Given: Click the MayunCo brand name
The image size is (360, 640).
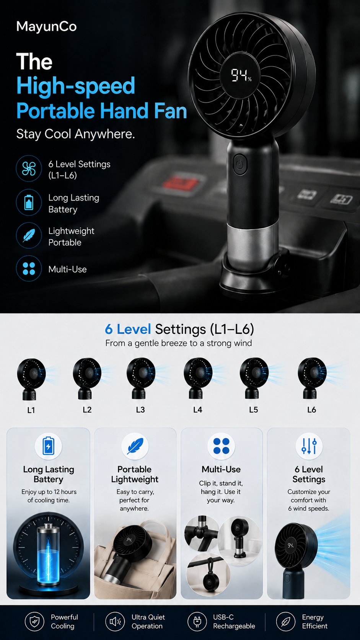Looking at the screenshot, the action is [47, 27].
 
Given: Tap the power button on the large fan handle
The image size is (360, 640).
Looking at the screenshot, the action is [240, 164].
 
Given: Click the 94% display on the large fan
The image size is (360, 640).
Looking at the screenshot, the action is [241, 75].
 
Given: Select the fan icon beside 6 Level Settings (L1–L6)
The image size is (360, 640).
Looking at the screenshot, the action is [29, 168].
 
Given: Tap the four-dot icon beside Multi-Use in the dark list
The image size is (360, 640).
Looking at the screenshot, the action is [29, 269].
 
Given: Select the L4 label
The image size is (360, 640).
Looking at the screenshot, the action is [197, 410].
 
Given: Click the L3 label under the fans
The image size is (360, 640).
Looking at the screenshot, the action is [140, 410].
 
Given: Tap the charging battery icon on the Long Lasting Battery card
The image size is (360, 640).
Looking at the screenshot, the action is [48, 446].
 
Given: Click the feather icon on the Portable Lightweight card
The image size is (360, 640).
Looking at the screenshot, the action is [135, 446].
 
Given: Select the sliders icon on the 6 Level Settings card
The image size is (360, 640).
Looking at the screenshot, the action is [309, 446].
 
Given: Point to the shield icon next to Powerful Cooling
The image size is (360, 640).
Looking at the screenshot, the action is [34, 621].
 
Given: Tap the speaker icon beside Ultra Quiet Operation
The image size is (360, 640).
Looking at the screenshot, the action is [115, 621].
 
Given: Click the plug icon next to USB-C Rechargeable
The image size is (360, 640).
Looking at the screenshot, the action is [197, 621].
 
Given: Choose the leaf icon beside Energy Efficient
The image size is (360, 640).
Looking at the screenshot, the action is [285, 621].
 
